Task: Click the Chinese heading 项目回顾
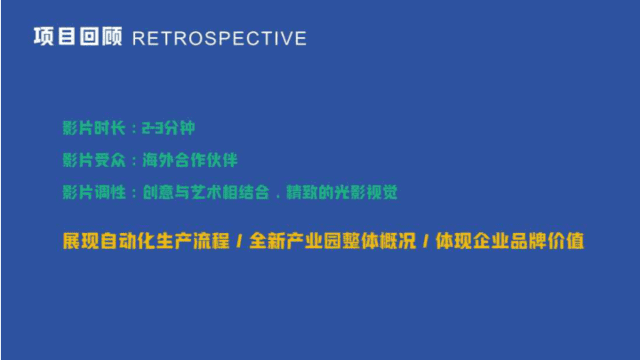(78, 36)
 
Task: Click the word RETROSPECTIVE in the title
(219, 38)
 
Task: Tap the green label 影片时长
(94, 128)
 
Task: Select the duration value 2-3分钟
(168, 128)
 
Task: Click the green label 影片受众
(94, 160)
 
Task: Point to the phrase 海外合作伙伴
(190, 160)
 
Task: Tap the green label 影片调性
(94, 192)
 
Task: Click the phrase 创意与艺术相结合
(206, 192)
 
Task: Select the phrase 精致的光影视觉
(342, 192)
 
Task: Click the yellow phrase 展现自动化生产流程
(146, 241)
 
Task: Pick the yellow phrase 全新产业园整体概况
(333, 241)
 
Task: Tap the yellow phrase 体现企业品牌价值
(510, 241)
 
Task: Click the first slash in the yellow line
(239, 241)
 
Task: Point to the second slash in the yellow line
(426, 241)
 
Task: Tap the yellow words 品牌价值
(547, 241)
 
